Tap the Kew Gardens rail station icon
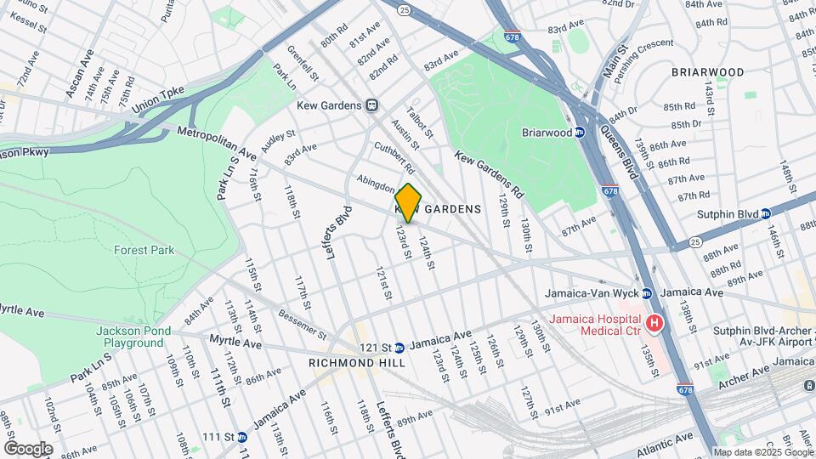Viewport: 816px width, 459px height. point(371,105)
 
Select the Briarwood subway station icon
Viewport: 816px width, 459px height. point(579,133)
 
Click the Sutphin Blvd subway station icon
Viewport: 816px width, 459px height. point(765,213)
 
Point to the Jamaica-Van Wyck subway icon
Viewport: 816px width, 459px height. point(646,293)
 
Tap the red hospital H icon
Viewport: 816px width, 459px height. point(654,323)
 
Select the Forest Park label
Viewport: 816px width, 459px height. point(144,250)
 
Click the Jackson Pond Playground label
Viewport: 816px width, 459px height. point(129,337)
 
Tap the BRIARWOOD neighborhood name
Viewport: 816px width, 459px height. point(707,72)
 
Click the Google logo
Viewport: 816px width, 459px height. point(27,448)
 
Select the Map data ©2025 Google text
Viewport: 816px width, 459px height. point(762,452)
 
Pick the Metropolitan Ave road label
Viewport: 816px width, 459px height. point(217,144)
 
